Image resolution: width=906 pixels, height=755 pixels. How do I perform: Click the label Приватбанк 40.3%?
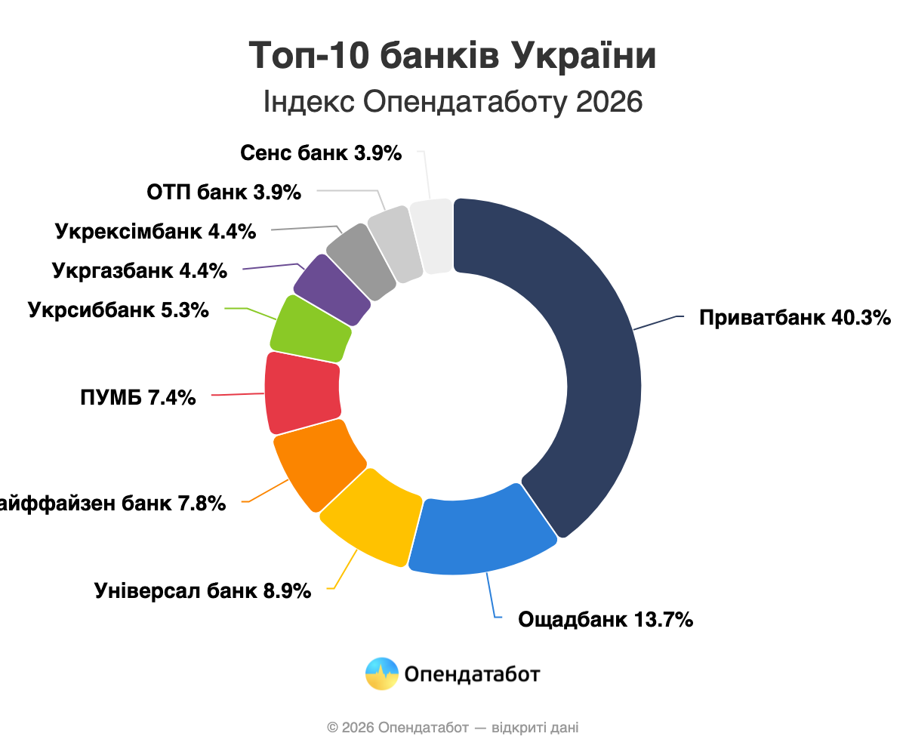pos(795,318)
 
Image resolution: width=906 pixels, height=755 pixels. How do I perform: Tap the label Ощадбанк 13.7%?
pos(606,621)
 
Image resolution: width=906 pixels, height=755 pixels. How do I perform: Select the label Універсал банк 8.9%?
pos(203,590)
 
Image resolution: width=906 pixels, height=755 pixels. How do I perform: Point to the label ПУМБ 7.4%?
pos(137,396)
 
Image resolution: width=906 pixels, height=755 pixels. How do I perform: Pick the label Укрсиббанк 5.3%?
pos(118,310)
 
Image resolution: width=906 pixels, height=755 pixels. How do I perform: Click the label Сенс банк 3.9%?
pos(321,153)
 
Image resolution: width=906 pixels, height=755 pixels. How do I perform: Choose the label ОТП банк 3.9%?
pos(223,193)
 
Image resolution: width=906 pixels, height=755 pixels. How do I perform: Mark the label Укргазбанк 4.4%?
pos(140,270)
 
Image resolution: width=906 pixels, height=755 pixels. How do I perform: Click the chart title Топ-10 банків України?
pos(452,57)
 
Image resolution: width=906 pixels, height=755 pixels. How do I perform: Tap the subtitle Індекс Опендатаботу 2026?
pos(452,102)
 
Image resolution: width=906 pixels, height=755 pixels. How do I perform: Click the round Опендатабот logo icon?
pos(381,673)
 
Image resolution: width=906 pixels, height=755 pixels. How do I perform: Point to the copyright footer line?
pos(452,728)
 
